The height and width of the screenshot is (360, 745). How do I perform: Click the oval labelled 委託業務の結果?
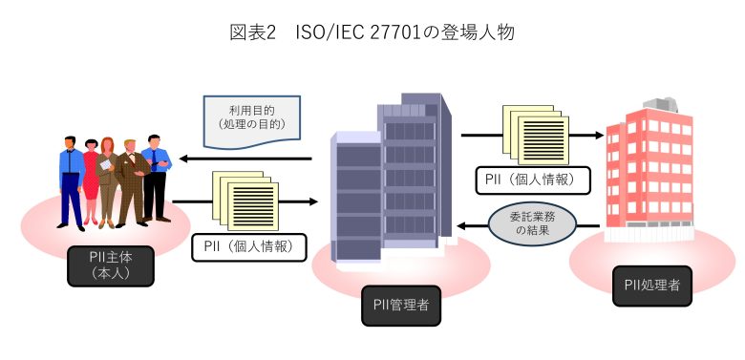(x=532, y=225)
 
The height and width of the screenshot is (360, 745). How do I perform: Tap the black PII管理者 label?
(x=401, y=307)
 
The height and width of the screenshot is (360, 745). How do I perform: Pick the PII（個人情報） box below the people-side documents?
(x=248, y=247)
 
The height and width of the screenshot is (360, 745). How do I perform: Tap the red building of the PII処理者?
(x=649, y=172)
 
